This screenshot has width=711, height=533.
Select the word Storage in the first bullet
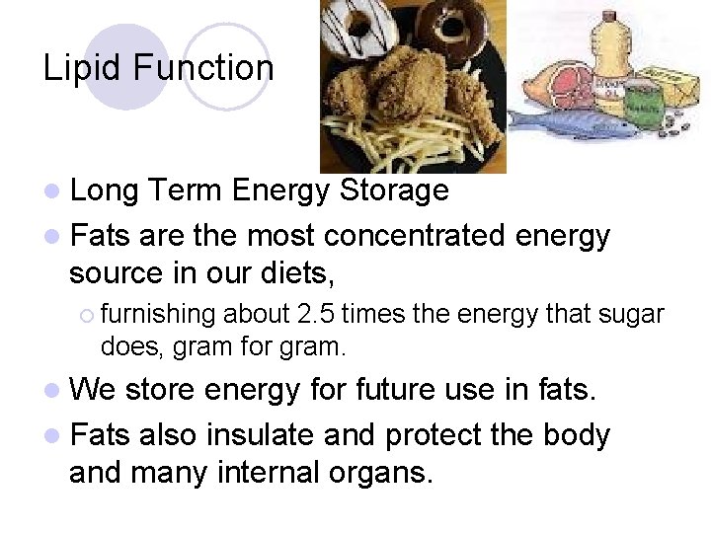pyautogui.click(x=394, y=190)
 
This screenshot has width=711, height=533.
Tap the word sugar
pyautogui.click(x=632, y=314)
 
